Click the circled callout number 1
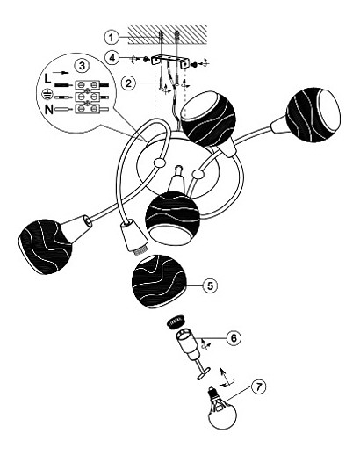tap(112, 37)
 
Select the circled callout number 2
tap(128, 83)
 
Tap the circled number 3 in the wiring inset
tap(82, 65)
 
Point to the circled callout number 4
tap(112, 58)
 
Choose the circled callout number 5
tap(211, 285)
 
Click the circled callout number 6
tap(234, 338)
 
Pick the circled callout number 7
tap(258, 387)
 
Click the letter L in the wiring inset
tap(47, 78)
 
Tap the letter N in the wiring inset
tap(49, 110)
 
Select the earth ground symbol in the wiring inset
tap(46, 94)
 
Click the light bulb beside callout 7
tap(221, 408)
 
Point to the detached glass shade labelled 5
tap(160, 281)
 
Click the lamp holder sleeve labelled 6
tap(188, 345)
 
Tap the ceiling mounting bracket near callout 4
tap(169, 61)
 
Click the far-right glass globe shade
tap(313, 114)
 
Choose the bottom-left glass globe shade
tap(46, 247)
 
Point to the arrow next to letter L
tap(61, 72)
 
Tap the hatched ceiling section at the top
tap(168, 34)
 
